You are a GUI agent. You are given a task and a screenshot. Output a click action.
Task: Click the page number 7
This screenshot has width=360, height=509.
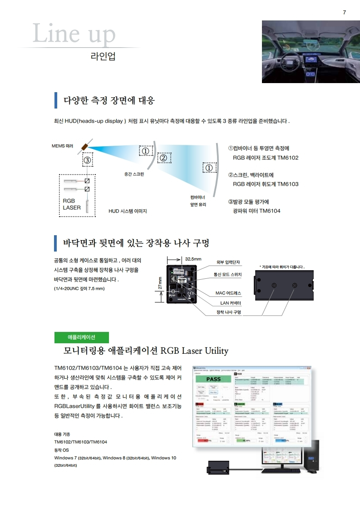[x=344, y=12]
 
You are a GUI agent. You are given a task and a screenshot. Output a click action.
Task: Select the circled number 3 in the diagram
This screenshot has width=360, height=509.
[x=88, y=160]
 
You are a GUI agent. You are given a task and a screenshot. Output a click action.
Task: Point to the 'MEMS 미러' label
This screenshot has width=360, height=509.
[x=63, y=146]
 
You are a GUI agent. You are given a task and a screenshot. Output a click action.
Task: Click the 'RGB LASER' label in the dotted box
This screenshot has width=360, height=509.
[x=72, y=204]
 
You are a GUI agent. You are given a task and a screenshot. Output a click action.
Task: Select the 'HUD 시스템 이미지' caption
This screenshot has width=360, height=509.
[x=128, y=211]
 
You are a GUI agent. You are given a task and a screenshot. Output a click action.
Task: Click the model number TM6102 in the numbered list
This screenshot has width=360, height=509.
[x=288, y=158]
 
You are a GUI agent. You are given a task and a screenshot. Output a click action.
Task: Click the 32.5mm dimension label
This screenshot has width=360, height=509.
[x=193, y=259]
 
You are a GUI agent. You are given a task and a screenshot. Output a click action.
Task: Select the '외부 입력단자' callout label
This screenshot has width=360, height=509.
[x=228, y=262]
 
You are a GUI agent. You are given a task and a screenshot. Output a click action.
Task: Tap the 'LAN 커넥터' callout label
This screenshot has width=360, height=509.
[x=231, y=302]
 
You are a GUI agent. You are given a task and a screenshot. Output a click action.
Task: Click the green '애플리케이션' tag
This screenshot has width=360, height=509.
[x=81, y=337]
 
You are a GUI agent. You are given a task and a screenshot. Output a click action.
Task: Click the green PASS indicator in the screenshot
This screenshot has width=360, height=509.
[x=213, y=379]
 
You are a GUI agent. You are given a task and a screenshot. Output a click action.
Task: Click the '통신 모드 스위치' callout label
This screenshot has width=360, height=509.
[x=228, y=275]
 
